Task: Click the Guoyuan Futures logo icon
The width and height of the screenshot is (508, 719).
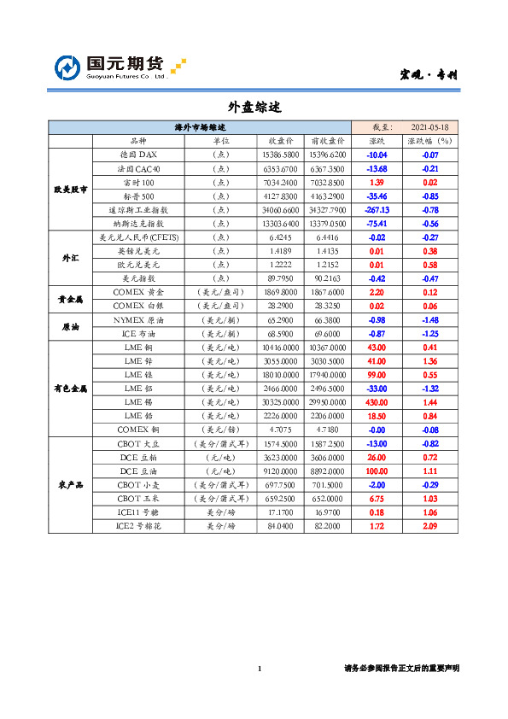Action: pyautogui.click(x=68, y=67)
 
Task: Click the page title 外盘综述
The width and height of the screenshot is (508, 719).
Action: pyautogui.click(x=254, y=108)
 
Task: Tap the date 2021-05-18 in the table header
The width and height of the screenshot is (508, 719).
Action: pyautogui.click(x=429, y=126)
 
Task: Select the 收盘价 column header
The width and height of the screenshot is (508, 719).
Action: pyautogui.click(x=282, y=141)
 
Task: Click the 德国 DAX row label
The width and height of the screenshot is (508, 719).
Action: pyautogui.click(x=138, y=155)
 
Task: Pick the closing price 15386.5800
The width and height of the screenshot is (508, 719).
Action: pyautogui.click(x=282, y=155)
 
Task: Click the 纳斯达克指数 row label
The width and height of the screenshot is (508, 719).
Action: pyautogui.click(x=138, y=224)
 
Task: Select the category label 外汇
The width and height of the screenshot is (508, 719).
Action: pyautogui.click(x=71, y=257)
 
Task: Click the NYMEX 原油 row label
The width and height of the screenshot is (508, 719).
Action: pyautogui.click(x=138, y=319)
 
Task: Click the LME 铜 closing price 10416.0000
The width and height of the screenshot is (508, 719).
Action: pyautogui.click(x=282, y=348)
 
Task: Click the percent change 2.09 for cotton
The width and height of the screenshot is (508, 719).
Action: pyautogui.click(x=429, y=526)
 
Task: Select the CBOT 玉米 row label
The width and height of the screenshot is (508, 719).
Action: pyautogui.click(x=138, y=498)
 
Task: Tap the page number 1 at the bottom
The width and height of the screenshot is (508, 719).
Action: pyautogui.click(x=259, y=669)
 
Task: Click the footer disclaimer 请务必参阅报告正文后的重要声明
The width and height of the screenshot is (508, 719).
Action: pyautogui.click(x=400, y=669)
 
